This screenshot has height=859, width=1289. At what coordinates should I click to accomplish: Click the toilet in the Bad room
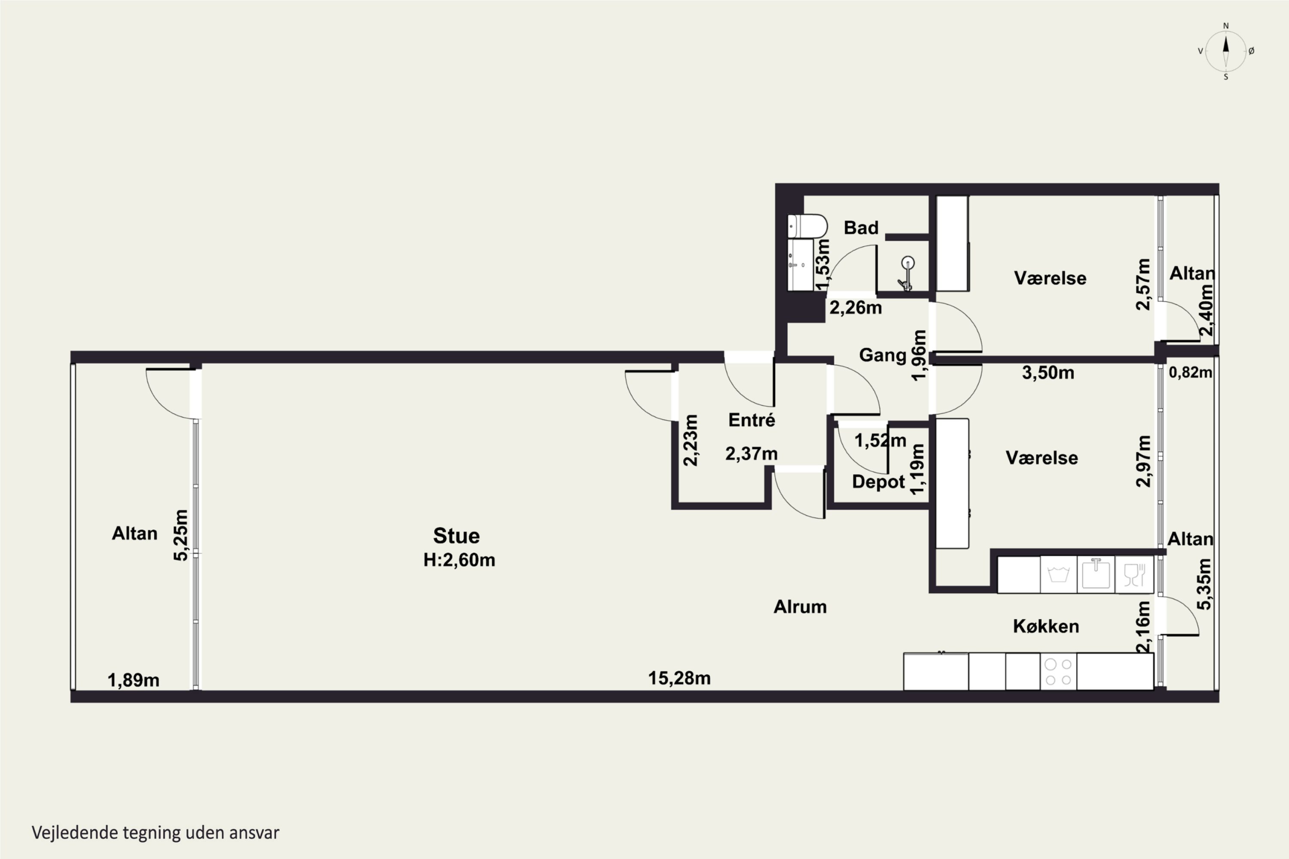click(807, 226)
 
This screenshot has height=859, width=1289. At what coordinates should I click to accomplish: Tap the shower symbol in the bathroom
click(907, 273)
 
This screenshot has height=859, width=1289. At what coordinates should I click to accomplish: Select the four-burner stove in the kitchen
click(1058, 672)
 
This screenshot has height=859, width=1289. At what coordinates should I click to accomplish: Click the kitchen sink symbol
click(1096, 574)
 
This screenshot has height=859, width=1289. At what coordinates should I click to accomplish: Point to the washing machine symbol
click(1058, 574)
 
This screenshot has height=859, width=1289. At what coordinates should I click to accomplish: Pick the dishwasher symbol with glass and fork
click(1134, 574)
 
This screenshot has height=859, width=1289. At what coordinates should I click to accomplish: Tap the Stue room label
click(456, 535)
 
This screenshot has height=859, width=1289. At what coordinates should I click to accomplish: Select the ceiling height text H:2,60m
click(459, 560)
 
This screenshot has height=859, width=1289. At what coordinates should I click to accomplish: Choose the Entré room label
click(751, 420)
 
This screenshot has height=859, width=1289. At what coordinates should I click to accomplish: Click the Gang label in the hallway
click(883, 355)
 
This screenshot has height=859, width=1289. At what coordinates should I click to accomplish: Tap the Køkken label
click(1046, 626)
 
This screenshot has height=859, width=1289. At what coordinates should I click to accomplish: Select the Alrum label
click(800, 606)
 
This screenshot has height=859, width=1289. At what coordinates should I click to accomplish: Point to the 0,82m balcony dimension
click(1190, 372)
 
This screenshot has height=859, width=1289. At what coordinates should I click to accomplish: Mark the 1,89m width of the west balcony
click(133, 680)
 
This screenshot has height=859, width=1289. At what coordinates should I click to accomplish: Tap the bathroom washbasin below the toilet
click(800, 265)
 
